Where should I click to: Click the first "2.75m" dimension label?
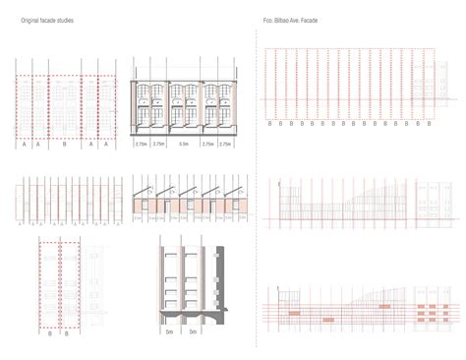(143, 144)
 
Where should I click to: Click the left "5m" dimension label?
(170, 332)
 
